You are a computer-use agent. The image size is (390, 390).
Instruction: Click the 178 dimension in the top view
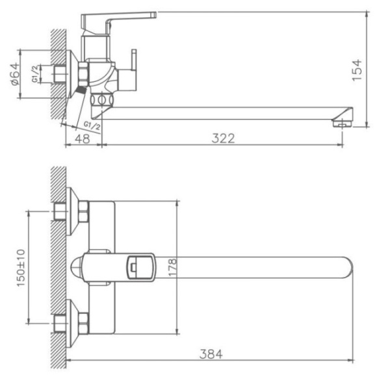point(172,268)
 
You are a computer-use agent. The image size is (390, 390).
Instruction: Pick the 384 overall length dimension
point(211,354)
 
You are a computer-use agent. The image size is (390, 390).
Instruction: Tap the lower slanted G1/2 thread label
point(91,124)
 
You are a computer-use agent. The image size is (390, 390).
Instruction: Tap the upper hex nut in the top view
point(83,212)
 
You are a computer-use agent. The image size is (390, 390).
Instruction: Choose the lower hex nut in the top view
point(83,322)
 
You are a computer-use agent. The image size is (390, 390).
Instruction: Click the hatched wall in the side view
point(59,71)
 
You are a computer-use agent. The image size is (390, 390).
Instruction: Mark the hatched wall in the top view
point(59,266)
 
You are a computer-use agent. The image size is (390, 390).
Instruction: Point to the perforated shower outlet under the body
point(102,100)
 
